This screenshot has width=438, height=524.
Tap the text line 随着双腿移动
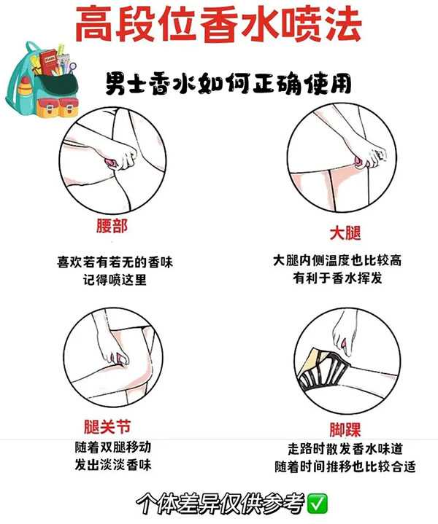tap(112, 447)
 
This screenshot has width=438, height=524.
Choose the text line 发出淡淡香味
tap(112, 465)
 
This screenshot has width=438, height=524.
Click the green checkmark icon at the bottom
tap(318, 503)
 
